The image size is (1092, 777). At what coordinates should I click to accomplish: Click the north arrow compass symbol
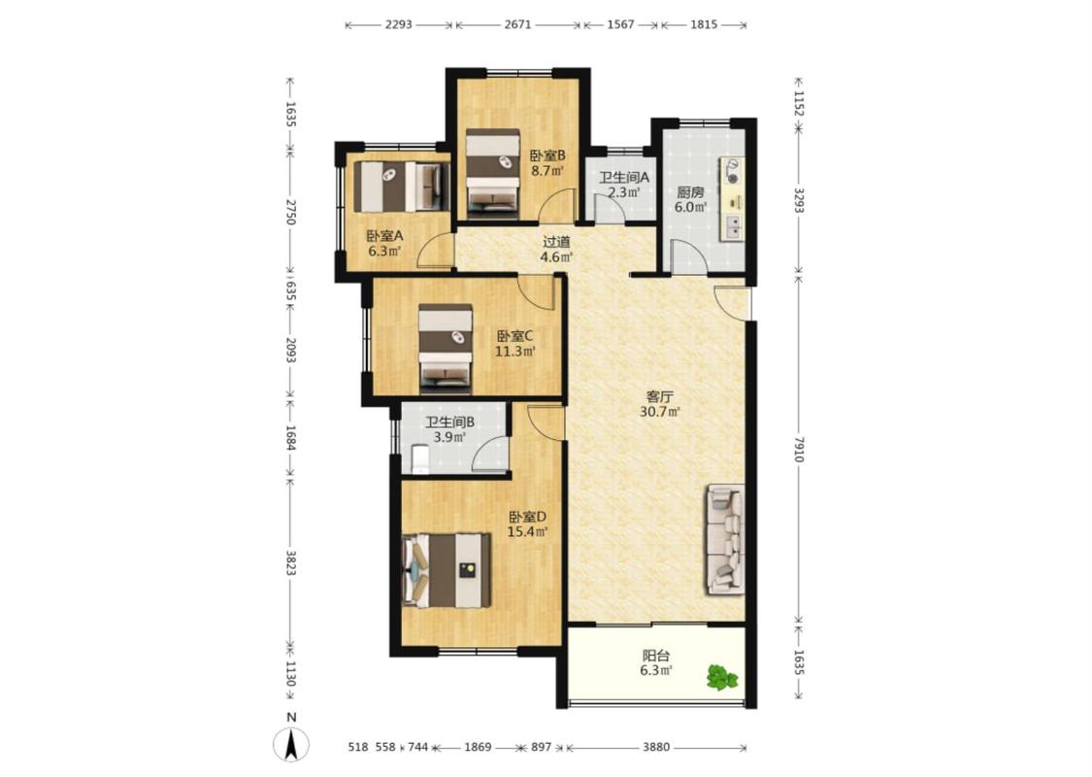click(291, 744)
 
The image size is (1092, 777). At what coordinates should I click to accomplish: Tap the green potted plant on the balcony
click(722, 677)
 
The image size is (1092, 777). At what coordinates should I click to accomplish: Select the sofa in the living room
click(726, 540)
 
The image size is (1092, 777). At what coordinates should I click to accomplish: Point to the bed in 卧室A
click(401, 186)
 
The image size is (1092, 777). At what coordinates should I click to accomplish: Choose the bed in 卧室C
click(446, 349)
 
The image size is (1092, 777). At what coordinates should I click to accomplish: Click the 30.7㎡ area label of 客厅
click(659, 412)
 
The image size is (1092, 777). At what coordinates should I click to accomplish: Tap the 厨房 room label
click(690, 192)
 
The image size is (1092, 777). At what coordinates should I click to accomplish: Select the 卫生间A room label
click(625, 177)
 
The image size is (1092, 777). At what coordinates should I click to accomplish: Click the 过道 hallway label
click(556, 242)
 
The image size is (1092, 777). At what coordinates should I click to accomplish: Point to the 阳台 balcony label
click(655, 655)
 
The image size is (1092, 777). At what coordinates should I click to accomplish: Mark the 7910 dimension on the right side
click(799, 450)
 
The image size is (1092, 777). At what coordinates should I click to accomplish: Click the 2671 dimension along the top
click(517, 24)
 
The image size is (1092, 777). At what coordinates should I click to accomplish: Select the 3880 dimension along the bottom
click(655, 747)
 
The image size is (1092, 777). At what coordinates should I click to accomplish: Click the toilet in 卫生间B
click(420, 460)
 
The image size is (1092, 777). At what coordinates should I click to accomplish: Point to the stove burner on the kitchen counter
click(732, 172)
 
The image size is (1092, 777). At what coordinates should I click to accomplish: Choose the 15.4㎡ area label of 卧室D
click(526, 532)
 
